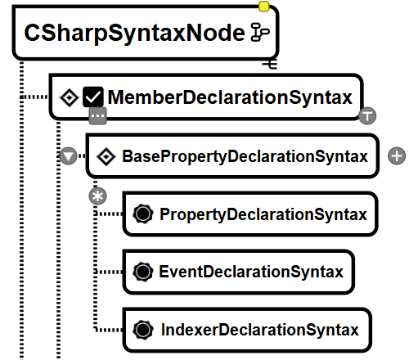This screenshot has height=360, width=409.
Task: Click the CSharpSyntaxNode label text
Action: [x=134, y=33]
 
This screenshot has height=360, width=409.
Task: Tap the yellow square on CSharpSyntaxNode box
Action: [x=263, y=7]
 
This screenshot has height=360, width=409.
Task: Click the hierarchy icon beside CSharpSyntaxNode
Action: [x=260, y=32]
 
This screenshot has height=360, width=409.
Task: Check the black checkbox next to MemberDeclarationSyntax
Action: [x=93, y=97]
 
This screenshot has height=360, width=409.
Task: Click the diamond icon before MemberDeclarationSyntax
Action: [x=70, y=97]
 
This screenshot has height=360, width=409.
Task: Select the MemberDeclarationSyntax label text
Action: [x=230, y=97]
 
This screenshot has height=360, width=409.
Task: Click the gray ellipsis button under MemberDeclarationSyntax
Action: [x=97, y=116]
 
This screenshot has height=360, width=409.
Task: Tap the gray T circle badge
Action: [x=367, y=115]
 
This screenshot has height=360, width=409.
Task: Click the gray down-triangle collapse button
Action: [x=68, y=156]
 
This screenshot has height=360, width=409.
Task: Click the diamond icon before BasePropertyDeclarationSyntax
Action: [x=106, y=156]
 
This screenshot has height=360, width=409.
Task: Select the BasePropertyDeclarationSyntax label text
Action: [x=245, y=156]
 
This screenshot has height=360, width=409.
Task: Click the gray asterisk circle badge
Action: [x=97, y=196]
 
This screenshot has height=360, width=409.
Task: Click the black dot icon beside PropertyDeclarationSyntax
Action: [x=143, y=214]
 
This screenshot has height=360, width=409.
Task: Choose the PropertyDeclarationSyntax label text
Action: [x=263, y=214]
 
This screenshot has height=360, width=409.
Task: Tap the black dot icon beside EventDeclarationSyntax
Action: [x=143, y=272]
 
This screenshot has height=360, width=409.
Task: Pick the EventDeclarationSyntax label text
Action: [x=251, y=272]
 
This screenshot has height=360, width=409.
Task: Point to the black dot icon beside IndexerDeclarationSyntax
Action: [x=143, y=330]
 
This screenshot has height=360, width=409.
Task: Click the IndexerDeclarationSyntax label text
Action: [x=260, y=330]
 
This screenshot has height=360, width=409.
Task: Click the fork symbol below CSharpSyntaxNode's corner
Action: [x=270, y=64]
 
